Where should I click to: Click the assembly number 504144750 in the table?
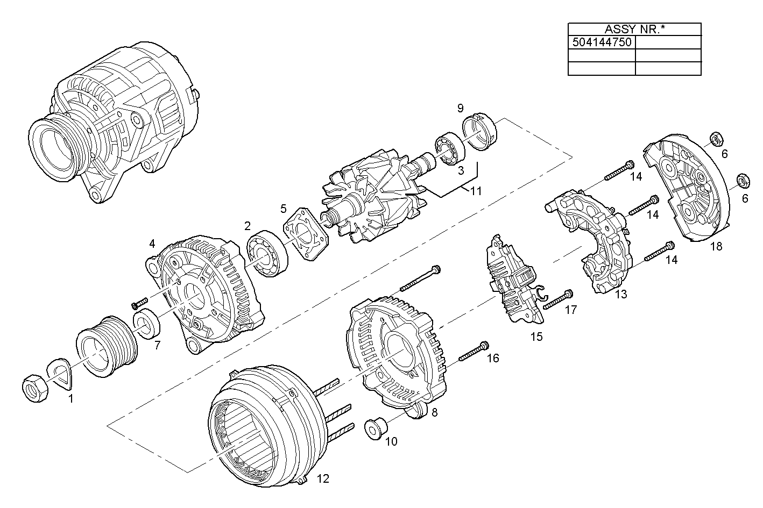pyautogui.click(x=602, y=42)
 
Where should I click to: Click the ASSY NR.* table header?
pyautogui.click(x=634, y=29)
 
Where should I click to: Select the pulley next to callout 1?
pyautogui.click(x=107, y=346)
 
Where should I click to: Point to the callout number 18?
pyautogui.click(x=716, y=247)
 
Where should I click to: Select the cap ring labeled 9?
pyautogui.click(x=480, y=131)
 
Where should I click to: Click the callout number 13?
pyautogui.click(x=620, y=295)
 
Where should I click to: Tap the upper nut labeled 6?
pyautogui.click(x=715, y=140)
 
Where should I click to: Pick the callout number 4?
pyautogui.click(x=152, y=244)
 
